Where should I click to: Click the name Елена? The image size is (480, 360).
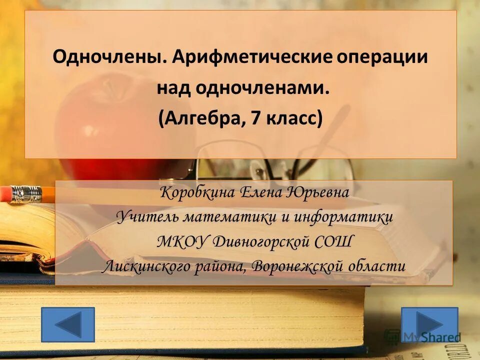(x=263, y=192)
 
